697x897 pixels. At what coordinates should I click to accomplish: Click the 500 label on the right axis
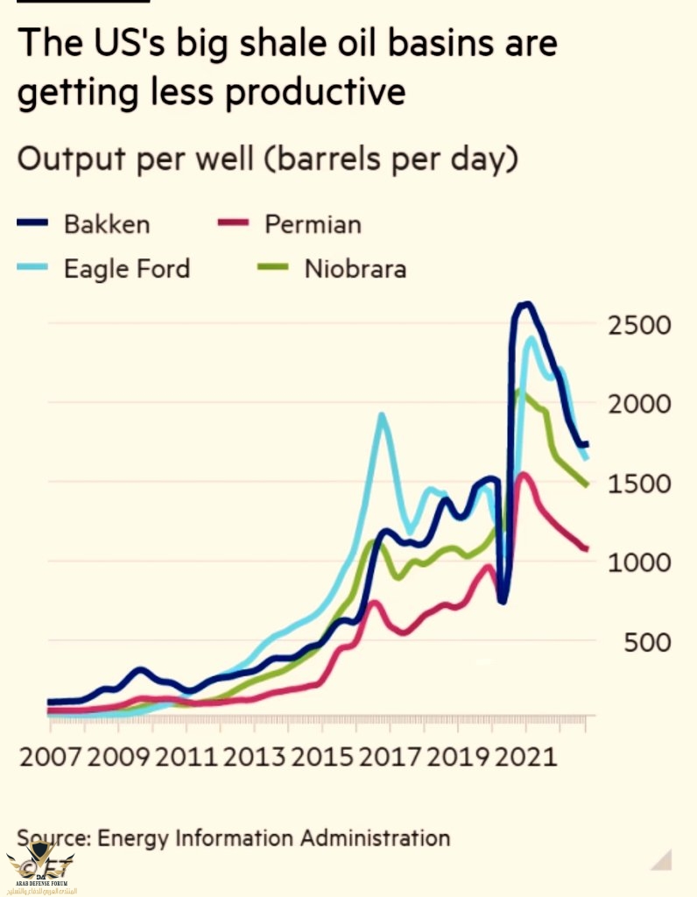coord(647,643)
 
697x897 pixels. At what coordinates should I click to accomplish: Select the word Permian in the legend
coord(313,224)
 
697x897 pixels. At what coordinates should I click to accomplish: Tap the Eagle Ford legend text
coord(126,268)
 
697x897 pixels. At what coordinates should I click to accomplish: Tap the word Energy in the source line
coord(133,837)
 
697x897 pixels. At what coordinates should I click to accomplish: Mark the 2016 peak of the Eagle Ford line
coord(382,415)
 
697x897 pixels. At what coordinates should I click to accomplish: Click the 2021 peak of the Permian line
coord(523,475)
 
